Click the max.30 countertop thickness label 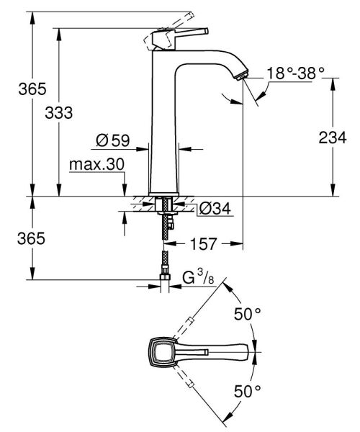(x=96, y=165)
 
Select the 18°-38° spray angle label (x=296, y=72)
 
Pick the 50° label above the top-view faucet (x=246, y=315)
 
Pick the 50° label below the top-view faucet (x=246, y=392)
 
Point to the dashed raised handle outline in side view (x=173, y=22)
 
